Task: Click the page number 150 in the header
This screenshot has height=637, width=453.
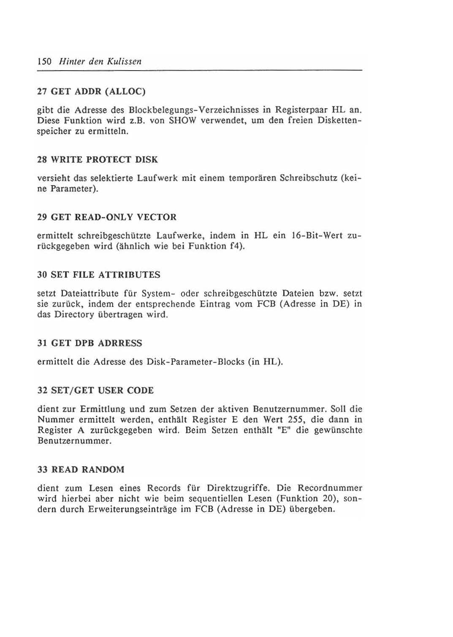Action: (x=44, y=62)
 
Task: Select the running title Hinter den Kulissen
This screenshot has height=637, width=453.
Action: (x=100, y=62)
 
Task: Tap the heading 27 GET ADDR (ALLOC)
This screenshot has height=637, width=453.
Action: (x=91, y=91)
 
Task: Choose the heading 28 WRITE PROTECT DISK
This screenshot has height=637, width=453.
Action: (x=98, y=160)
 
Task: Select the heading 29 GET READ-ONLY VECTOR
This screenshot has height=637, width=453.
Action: (x=107, y=217)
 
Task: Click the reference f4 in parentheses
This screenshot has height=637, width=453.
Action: (x=235, y=246)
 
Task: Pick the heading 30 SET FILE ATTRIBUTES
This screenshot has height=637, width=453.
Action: (x=99, y=275)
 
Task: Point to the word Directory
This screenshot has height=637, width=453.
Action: (x=74, y=315)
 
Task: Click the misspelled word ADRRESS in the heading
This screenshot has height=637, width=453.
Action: (x=120, y=343)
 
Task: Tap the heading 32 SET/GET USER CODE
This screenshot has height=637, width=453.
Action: (x=95, y=391)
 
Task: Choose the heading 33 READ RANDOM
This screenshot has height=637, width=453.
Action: (x=81, y=470)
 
